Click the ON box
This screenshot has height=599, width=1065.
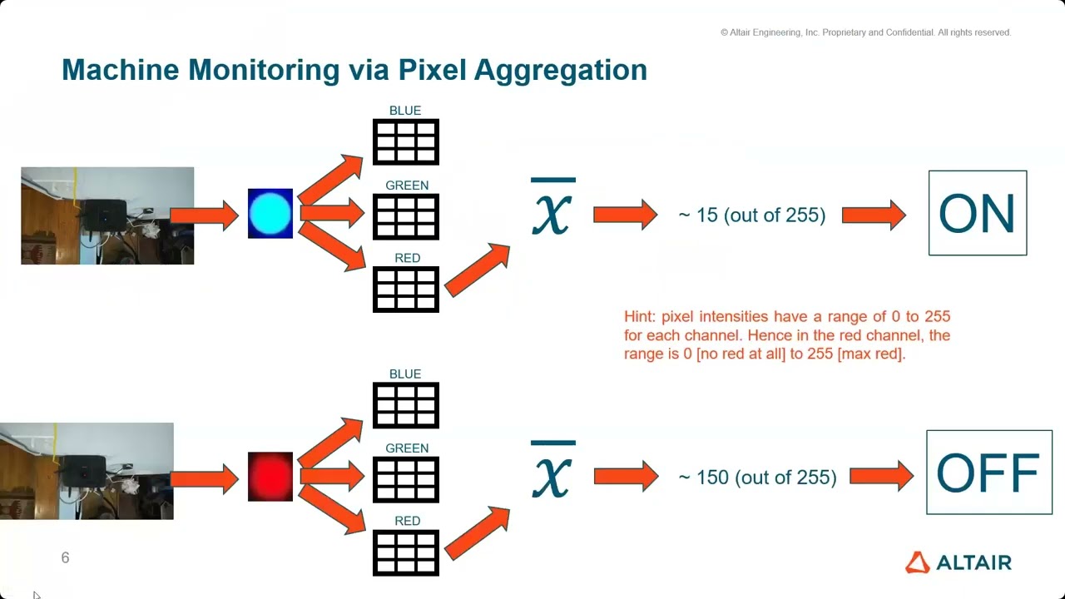point(978,213)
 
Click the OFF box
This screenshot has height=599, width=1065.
point(988,473)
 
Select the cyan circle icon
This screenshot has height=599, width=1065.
point(270,214)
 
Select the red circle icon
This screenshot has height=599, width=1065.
point(270,477)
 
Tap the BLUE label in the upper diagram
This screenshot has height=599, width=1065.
point(405,111)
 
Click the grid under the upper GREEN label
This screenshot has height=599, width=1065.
point(406,216)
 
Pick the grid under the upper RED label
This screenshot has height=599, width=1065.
point(406,290)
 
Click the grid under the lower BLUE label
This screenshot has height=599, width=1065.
point(406,405)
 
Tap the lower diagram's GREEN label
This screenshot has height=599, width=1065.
point(407,448)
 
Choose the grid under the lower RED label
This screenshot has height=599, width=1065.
point(406,552)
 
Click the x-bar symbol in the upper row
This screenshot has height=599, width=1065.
point(552,207)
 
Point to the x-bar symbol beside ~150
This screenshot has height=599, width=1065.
point(552,470)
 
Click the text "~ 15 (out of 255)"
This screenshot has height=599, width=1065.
point(752,215)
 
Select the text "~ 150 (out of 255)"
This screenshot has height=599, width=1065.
point(757,478)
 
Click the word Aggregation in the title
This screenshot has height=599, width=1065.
point(560,70)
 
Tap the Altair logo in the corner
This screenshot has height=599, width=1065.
point(958,562)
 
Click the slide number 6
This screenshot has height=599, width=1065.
point(65,557)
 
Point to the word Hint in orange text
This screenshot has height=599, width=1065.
point(640,317)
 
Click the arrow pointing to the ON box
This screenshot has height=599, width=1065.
point(874,215)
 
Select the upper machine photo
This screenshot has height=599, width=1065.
point(107,215)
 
